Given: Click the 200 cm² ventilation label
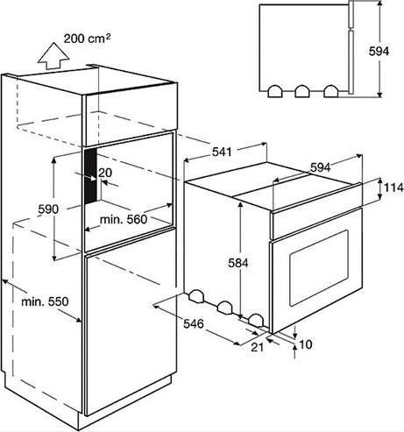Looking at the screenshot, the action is pos(87,39).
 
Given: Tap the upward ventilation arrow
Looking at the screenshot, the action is pos(53,56).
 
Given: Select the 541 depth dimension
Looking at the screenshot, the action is pos(222,152).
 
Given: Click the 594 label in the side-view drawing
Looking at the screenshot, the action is pos(379,52).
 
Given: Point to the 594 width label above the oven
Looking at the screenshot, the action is pos(320,167).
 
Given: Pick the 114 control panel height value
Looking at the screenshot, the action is pos(393,188).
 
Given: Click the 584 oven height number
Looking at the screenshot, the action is pos(238,263).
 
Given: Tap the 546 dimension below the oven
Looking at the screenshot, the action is pos(193,324).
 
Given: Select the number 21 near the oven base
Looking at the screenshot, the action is pos(258,347).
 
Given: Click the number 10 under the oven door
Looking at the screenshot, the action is pos(306,344).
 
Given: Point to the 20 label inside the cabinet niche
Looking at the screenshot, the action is pos(105,173).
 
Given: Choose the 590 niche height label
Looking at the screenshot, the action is pos(48,209).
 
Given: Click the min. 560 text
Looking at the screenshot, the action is pos(124,219).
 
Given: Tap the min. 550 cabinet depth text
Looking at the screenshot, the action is pos(45,301).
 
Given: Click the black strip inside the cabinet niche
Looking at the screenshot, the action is pos(90,176).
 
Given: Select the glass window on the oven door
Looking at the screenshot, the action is pos(319,268).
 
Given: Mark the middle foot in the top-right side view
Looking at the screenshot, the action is pos(302,91).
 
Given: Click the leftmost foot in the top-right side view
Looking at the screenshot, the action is pos(275,91).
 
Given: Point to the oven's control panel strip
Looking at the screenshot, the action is pos(316,223).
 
